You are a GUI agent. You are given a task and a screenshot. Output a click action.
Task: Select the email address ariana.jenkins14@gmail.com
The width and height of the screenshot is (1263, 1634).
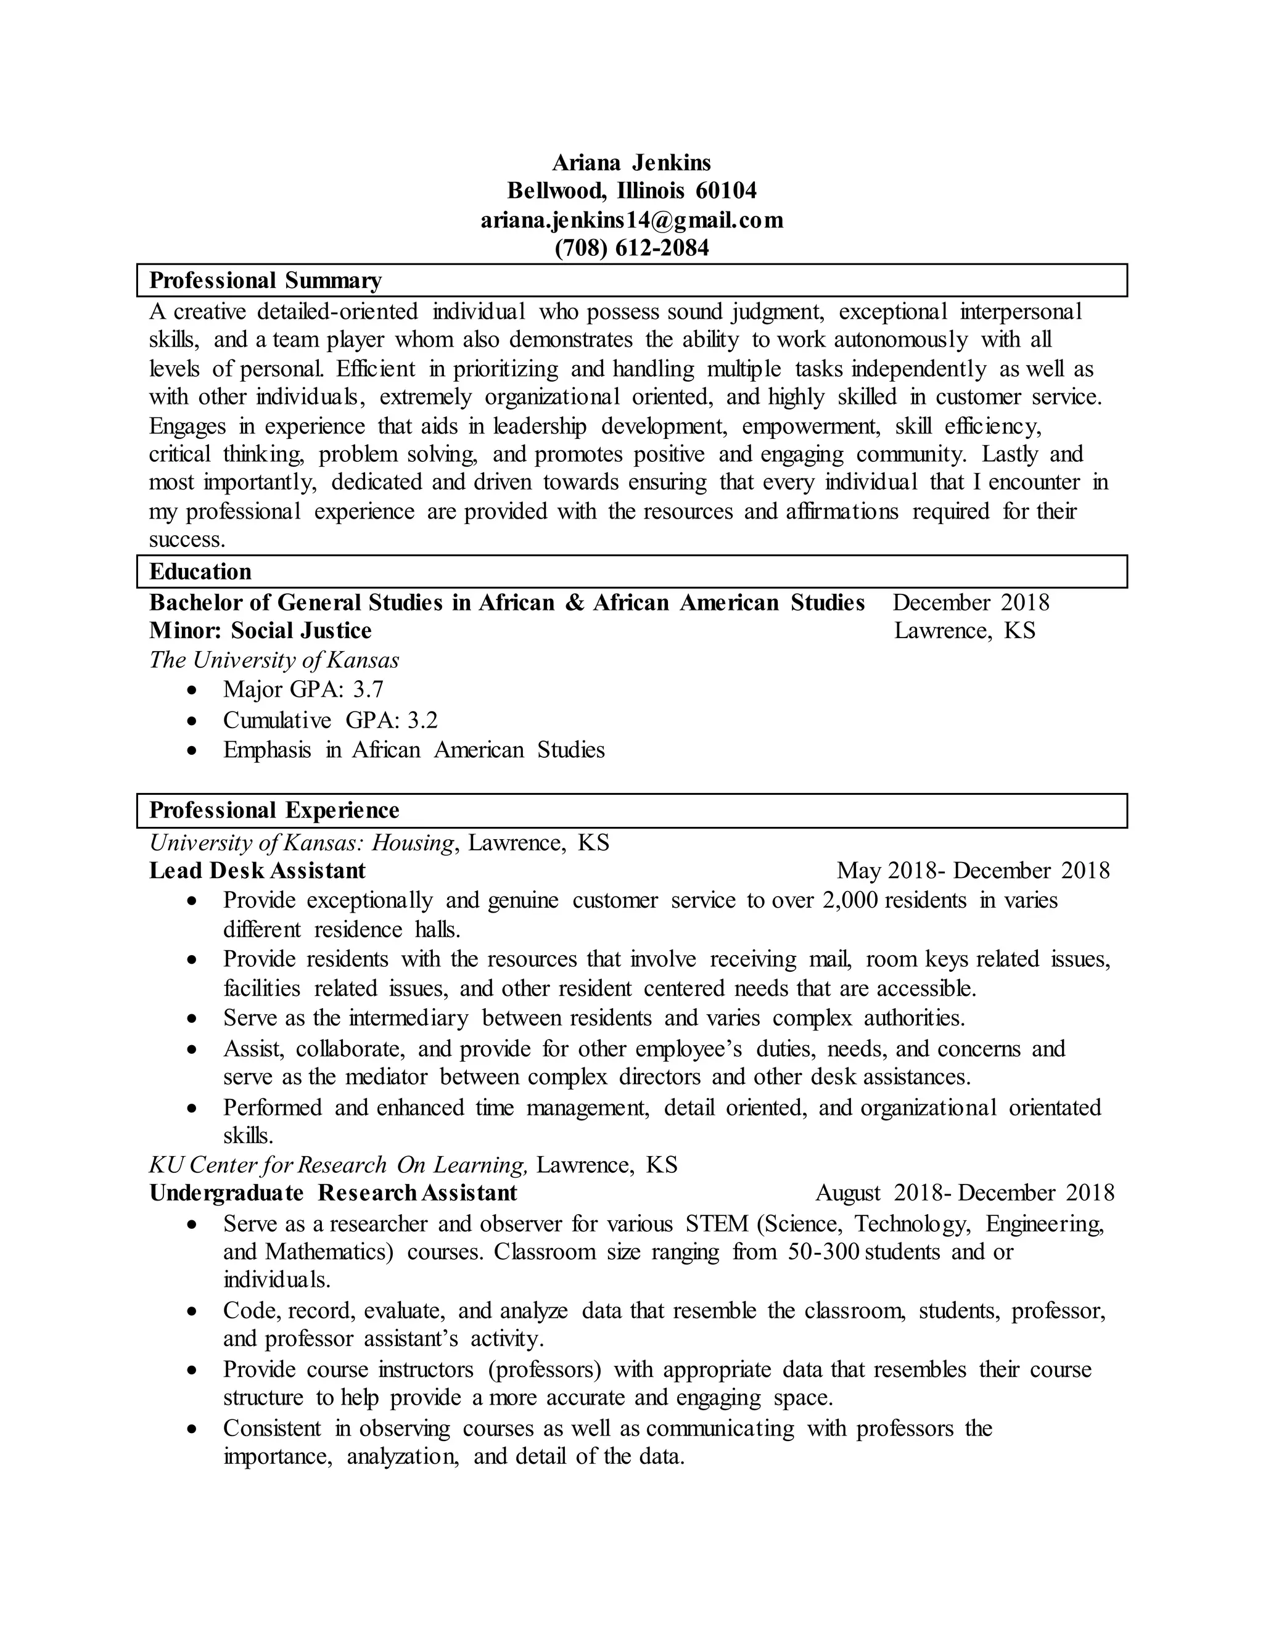[631, 220]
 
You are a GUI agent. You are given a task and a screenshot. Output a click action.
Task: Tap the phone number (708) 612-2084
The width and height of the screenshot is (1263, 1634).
[631, 248]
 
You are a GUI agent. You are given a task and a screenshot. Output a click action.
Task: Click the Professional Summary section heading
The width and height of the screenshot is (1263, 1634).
[266, 281]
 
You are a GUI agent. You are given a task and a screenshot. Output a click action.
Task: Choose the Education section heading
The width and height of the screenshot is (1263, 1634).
[200, 572]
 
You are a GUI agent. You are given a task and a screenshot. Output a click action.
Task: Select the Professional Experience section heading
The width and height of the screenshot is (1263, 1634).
[274, 810]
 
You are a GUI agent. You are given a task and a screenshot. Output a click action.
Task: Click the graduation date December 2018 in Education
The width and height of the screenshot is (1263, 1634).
[971, 602]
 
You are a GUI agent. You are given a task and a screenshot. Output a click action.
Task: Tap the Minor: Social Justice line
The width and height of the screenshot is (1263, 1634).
[260, 631]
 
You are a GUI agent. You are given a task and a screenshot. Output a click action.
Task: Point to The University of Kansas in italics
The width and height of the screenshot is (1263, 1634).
[274, 660]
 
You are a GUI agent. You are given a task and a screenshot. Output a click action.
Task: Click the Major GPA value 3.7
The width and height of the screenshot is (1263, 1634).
[368, 689]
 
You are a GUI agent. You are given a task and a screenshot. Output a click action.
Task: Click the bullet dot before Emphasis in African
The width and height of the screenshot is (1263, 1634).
[193, 750]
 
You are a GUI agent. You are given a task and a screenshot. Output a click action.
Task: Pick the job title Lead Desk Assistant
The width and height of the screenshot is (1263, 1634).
[257, 870]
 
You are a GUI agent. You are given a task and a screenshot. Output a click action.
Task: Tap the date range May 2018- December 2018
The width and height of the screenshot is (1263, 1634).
[973, 870]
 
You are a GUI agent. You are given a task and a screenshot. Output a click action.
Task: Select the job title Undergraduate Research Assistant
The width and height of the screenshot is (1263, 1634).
[334, 1193]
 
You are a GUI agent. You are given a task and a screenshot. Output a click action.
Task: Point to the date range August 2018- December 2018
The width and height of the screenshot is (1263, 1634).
[965, 1193]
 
